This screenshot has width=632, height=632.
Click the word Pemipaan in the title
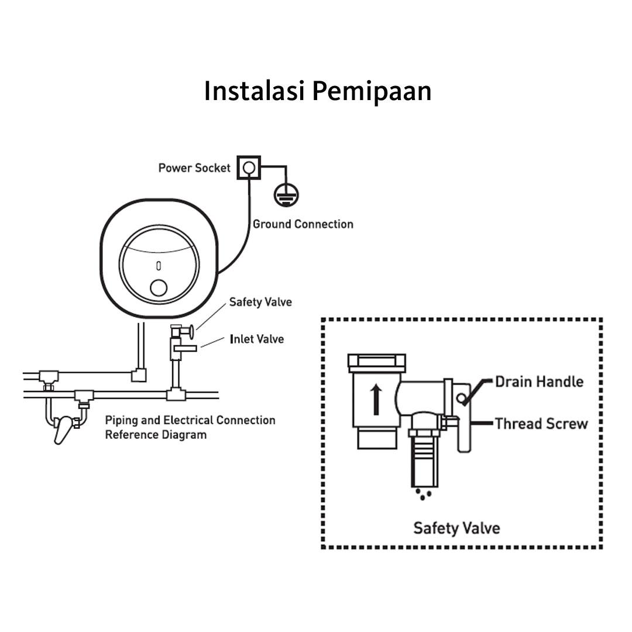[372, 91]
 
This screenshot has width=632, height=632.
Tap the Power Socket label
[194, 168]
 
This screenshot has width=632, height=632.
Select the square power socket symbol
[249, 168]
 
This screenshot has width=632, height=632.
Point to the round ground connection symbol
[286, 195]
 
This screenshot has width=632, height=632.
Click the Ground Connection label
[303, 224]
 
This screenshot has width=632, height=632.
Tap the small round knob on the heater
[159, 288]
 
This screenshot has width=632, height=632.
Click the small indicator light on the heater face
[158, 266]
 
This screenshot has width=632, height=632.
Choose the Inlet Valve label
[256, 339]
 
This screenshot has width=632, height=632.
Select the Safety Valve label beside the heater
[260, 303]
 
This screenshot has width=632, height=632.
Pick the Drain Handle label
[539, 382]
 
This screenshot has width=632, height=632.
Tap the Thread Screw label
[541, 424]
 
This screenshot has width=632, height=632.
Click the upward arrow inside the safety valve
[376, 399]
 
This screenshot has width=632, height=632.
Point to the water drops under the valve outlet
[424, 494]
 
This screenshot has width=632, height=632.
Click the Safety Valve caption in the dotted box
[456, 528]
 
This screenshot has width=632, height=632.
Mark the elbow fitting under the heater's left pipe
[139, 375]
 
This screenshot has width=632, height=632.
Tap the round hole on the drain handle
[462, 399]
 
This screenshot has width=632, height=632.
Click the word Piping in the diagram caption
[121, 420]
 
